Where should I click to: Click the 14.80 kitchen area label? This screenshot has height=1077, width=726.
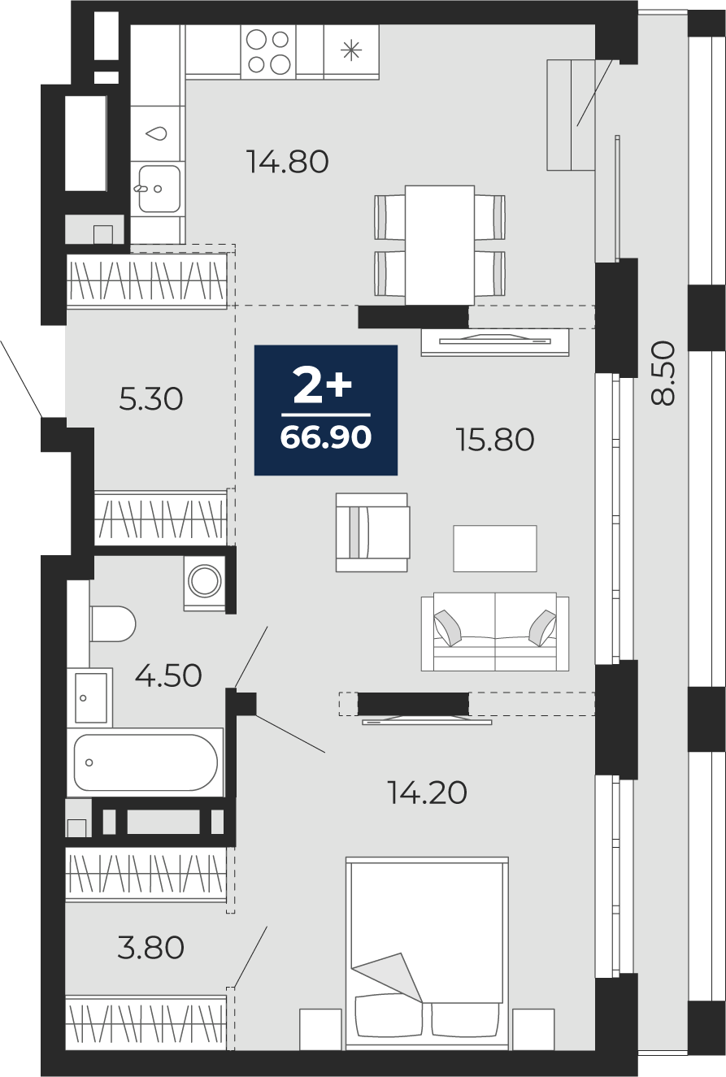288,162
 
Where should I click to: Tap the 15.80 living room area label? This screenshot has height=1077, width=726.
495,440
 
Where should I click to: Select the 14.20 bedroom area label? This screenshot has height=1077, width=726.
427,793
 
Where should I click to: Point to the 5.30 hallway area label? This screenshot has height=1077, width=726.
151,399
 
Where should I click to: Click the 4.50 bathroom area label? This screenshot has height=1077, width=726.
168,675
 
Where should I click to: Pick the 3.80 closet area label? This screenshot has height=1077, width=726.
151,947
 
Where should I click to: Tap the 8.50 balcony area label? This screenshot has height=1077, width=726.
663,373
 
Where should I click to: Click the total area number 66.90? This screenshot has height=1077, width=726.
326,437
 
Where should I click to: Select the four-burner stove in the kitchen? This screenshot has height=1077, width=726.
268,51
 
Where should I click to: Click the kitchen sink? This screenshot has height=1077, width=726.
159,189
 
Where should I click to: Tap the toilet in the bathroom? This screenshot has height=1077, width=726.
113,623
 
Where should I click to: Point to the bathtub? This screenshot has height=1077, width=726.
146,762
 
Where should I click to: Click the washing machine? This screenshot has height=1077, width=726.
204,582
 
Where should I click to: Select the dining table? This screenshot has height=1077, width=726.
440,245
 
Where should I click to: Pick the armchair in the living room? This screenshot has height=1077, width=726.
372,532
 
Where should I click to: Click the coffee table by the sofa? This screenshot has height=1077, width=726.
495,549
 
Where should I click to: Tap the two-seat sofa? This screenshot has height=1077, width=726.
495,632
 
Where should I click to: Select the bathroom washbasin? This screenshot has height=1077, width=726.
90,697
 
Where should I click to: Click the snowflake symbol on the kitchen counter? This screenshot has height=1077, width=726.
351,50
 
